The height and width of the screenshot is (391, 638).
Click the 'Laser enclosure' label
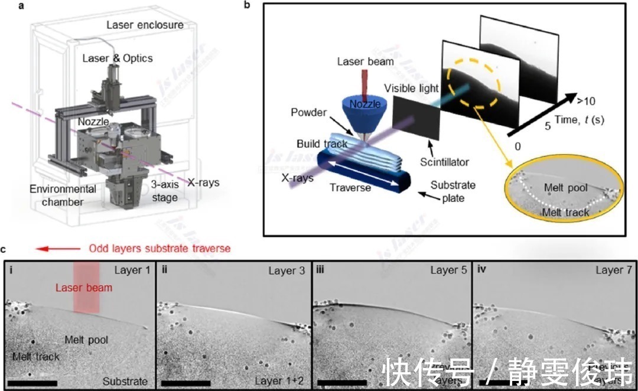145,25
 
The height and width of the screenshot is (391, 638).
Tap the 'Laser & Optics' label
118,58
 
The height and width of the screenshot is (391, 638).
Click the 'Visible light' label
412,89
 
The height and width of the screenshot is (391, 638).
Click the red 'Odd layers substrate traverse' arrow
58,248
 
